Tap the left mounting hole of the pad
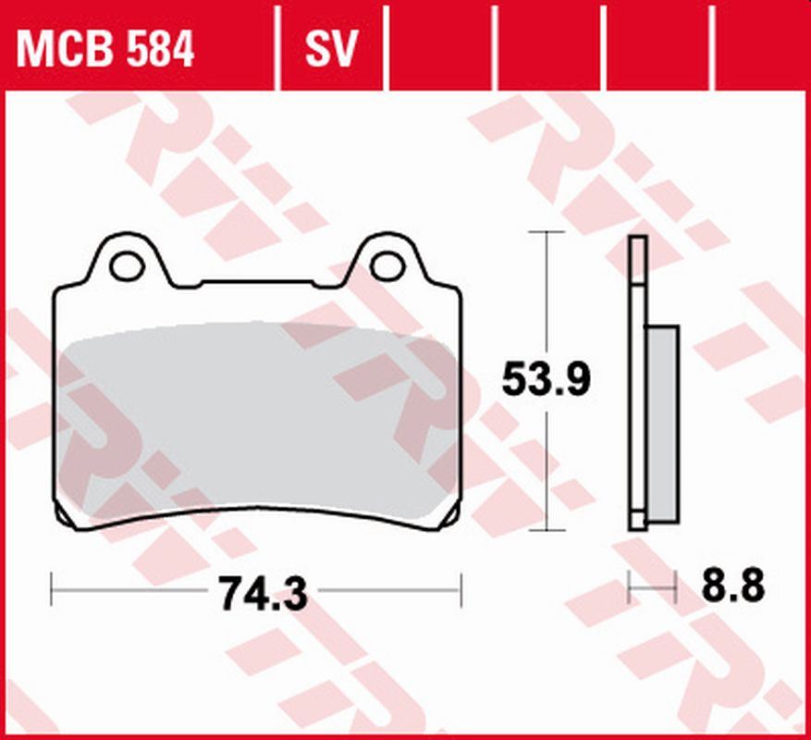pyautogui.click(x=127, y=265)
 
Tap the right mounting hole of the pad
pyautogui.click(x=387, y=265)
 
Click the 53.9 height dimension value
pyautogui.click(x=545, y=380)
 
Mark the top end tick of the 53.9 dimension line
pyautogui.click(x=548, y=232)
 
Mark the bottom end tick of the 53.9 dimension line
pyautogui.click(x=548, y=531)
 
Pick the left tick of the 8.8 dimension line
pyautogui.click(x=629, y=586)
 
